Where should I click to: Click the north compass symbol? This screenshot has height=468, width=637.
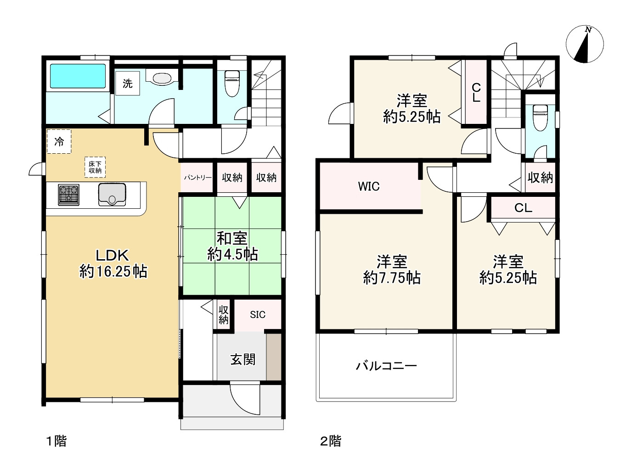pyautogui.click(x=584, y=45)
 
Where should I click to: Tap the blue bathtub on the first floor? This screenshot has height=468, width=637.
pyautogui.click(x=77, y=76)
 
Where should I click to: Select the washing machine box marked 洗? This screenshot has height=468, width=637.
pyautogui.click(x=127, y=84)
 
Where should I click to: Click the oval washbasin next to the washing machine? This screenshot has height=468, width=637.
pyautogui.click(x=161, y=78)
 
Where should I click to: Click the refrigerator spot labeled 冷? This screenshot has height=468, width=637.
pyautogui.click(x=59, y=142)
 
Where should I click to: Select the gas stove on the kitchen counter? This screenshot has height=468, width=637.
pyautogui.click(x=68, y=195)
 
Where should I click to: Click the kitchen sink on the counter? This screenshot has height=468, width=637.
pyautogui.click(x=112, y=195)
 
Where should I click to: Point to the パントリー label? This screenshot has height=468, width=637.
pyautogui.click(x=198, y=178)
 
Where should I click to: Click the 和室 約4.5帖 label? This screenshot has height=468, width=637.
pyautogui.click(x=232, y=246)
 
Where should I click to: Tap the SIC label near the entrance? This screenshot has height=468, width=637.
pyautogui.click(x=258, y=314)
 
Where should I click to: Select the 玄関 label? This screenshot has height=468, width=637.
pyautogui.click(x=242, y=359)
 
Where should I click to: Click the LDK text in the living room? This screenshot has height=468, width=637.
pyautogui.click(x=113, y=255)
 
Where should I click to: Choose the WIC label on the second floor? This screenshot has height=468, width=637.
pyautogui.click(x=369, y=186)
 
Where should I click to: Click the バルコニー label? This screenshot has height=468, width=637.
pyautogui.click(x=386, y=366)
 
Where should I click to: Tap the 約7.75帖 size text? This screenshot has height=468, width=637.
pyautogui.click(x=392, y=278)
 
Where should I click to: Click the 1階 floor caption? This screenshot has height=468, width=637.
pyautogui.click(x=56, y=441)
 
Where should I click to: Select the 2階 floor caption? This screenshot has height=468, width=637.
pyautogui.click(x=331, y=441)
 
